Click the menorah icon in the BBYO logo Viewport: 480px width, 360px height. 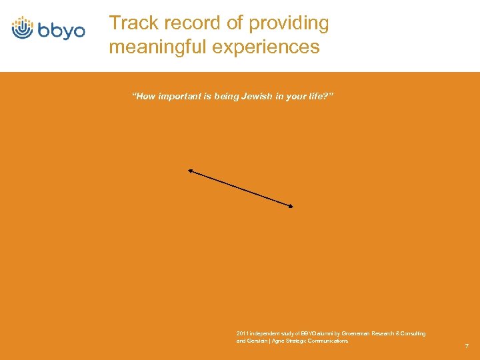(23, 27)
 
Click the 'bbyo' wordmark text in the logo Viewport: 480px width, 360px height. (60, 31)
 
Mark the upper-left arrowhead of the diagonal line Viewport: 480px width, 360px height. (189, 171)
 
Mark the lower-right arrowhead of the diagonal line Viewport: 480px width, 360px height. (291, 206)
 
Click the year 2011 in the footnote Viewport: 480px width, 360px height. (243, 333)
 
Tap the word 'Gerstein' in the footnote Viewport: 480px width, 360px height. (258, 341)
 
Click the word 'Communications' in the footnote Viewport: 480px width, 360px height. (326, 341)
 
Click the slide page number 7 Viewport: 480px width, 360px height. (467, 346)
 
